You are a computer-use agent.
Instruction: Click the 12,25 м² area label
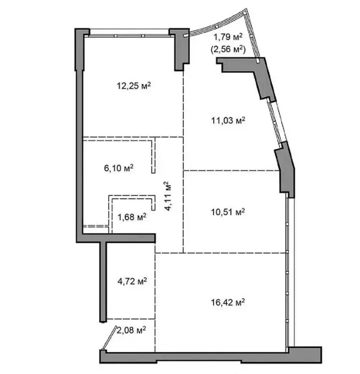coord(134,86)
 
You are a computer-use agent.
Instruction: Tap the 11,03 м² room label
coord(228,120)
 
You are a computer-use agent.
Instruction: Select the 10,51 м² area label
coord(228,211)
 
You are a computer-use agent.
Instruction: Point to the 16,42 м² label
coord(228,302)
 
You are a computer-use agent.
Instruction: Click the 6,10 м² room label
coord(118,168)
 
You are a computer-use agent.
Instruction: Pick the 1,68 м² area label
coord(132,217)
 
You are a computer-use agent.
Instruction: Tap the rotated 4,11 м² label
coord(168,196)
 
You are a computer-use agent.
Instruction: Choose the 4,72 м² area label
coord(132,281)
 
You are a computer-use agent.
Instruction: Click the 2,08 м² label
coord(131,330)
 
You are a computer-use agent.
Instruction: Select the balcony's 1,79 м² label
coord(228,37)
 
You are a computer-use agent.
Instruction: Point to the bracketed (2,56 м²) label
coord(228,49)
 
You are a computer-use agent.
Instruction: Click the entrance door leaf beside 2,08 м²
coord(109,338)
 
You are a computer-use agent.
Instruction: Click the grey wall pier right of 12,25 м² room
coord(179,49)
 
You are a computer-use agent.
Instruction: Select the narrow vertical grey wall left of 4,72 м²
coord(103,282)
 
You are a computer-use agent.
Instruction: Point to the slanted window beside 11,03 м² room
coord(277,122)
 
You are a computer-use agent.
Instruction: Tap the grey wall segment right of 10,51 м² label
coord(286,170)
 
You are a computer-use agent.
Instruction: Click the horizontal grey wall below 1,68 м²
coord(116,238)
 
